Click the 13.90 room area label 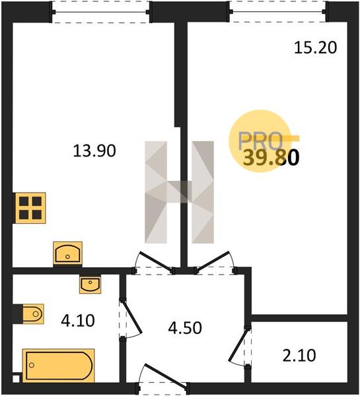point(94,150)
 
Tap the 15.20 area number point(316,48)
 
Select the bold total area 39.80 point(271,158)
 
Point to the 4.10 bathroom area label point(78,321)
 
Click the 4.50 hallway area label point(185,328)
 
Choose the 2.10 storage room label point(299,355)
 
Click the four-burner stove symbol point(30,208)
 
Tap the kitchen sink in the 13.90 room point(67,253)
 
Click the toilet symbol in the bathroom point(33,314)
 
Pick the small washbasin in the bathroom point(90,284)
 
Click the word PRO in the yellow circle point(260,141)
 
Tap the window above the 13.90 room point(101,12)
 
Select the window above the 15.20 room point(278,12)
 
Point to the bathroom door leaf point(131,316)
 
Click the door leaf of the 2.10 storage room point(238,345)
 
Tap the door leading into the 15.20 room point(213,261)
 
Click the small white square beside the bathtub point(16,379)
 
